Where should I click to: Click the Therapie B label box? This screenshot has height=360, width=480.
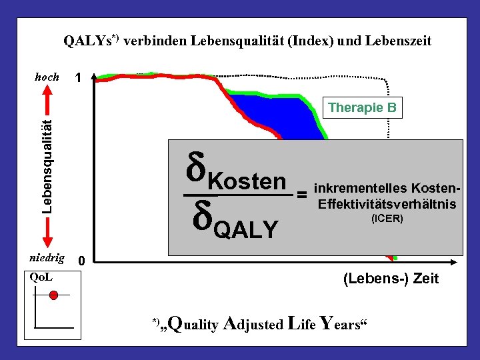(363, 107)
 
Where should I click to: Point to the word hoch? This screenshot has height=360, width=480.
(47, 77)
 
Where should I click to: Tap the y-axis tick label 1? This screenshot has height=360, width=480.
(79, 78)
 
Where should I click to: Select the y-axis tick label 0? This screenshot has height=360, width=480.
(81, 261)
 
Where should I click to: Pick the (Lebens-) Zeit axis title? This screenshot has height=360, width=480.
(391, 279)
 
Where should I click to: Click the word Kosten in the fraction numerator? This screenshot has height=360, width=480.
(246, 181)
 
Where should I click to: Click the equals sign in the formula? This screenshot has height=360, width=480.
(302, 194)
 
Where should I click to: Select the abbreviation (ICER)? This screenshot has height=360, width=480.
(387, 218)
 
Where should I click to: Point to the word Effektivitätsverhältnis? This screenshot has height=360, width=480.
(387, 204)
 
